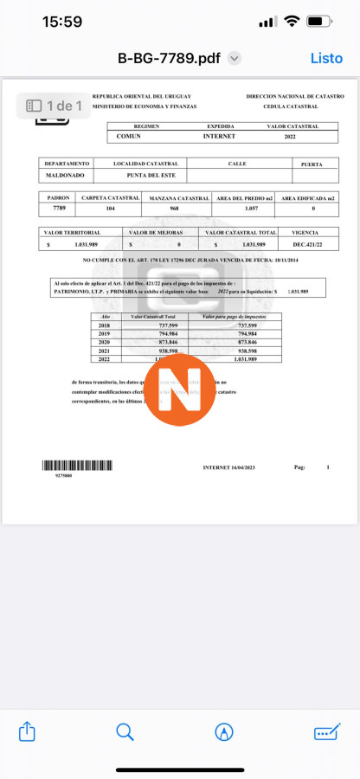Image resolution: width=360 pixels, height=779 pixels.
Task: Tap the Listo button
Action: pyautogui.click(x=326, y=58)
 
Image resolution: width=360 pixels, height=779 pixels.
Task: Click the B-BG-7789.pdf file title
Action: pyautogui.click(x=169, y=58)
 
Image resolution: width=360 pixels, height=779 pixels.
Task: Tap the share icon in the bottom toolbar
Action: pyautogui.click(x=26, y=731)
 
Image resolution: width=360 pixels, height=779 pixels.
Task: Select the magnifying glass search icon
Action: pyautogui.click(x=125, y=731)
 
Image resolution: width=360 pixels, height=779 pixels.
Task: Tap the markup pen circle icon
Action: pyautogui.click(x=224, y=731)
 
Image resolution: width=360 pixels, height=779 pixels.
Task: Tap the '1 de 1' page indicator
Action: pyautogui.click(x=54, y=106)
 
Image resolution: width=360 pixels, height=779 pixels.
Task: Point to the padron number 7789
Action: pyautogui.click(x=59, y=209)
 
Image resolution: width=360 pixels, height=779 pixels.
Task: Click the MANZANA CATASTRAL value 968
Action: pyautogui.click(x=174, y=209)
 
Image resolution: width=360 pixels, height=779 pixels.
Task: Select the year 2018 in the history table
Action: pyautogui.click(x=106, y=325)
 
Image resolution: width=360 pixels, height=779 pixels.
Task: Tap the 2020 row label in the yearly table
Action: pyautogui.click(x=106, y=342)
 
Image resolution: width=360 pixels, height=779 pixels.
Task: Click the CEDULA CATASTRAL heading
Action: pyautogui.click(x=293, y=106)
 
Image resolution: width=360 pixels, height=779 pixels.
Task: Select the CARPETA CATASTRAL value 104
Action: pyautogui.click(x=110, y=209)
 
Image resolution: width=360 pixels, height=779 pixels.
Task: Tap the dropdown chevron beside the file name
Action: pyautogui.click(x=234, y=58)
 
